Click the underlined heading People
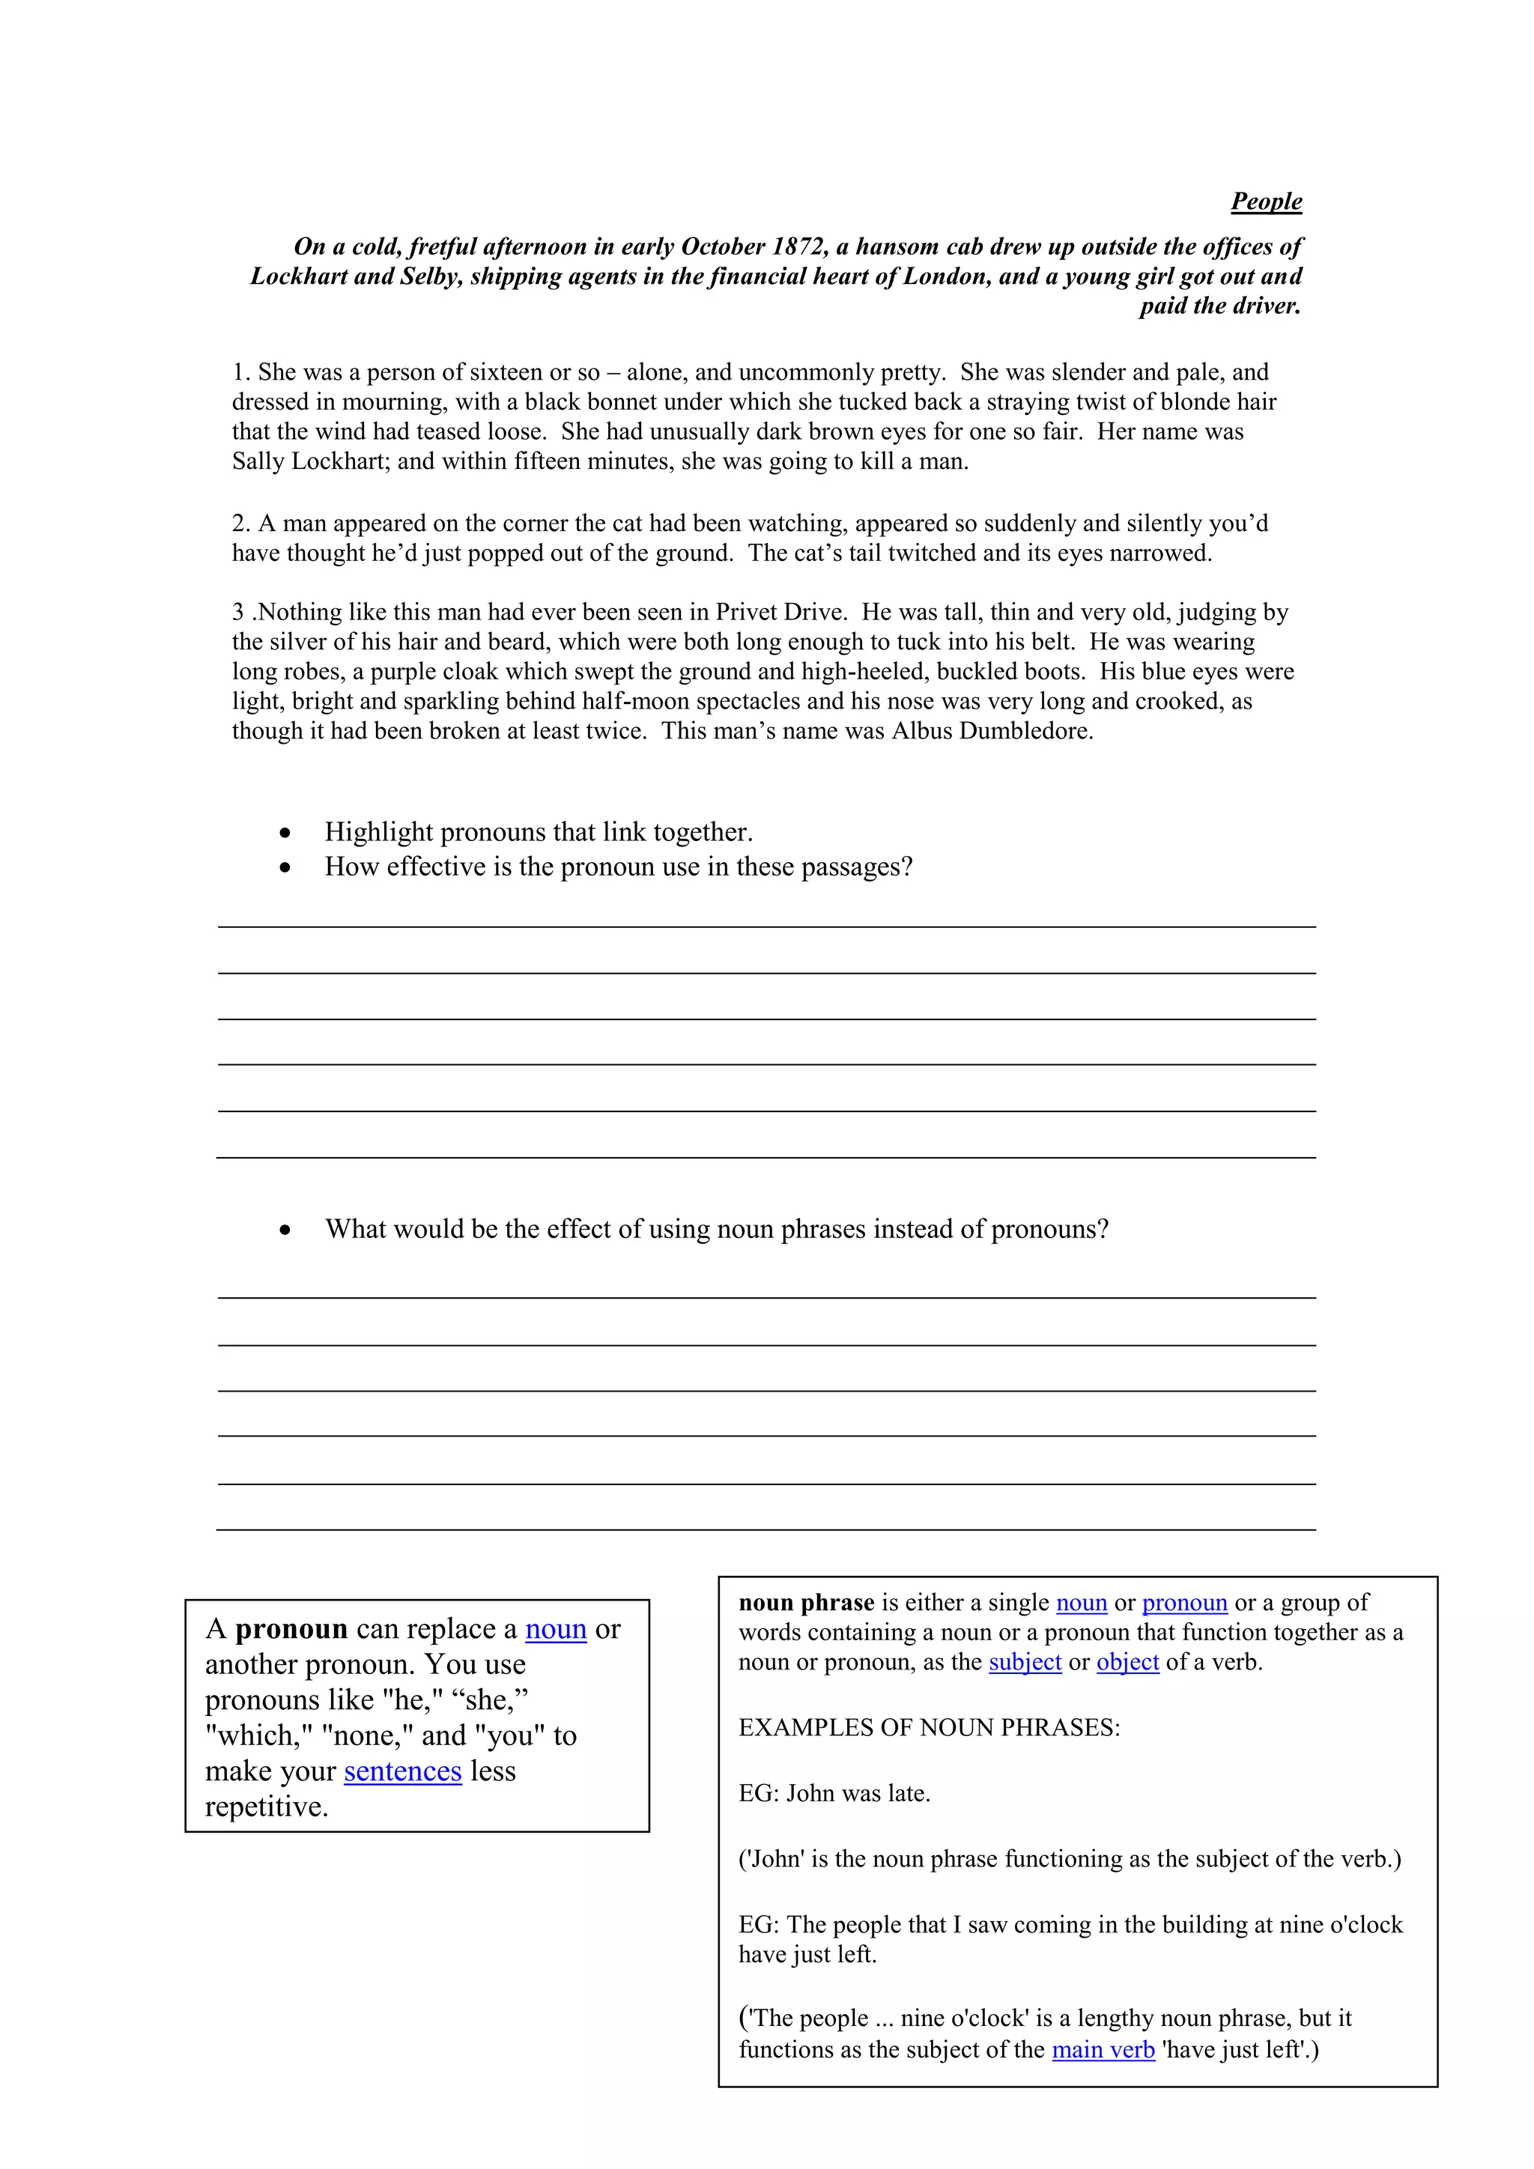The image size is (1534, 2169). tap(1266, 201)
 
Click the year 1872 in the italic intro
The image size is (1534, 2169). tap(799, 246)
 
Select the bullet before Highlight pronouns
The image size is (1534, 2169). tap(285, 832)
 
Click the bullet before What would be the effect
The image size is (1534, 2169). tap(285, 1229)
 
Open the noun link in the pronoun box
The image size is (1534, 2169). tap(556, 1629)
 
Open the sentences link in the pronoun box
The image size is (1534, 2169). tap(402, 1771)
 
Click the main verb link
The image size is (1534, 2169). tap(1103, 2050)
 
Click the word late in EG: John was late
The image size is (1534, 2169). tap(908, 1793)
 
